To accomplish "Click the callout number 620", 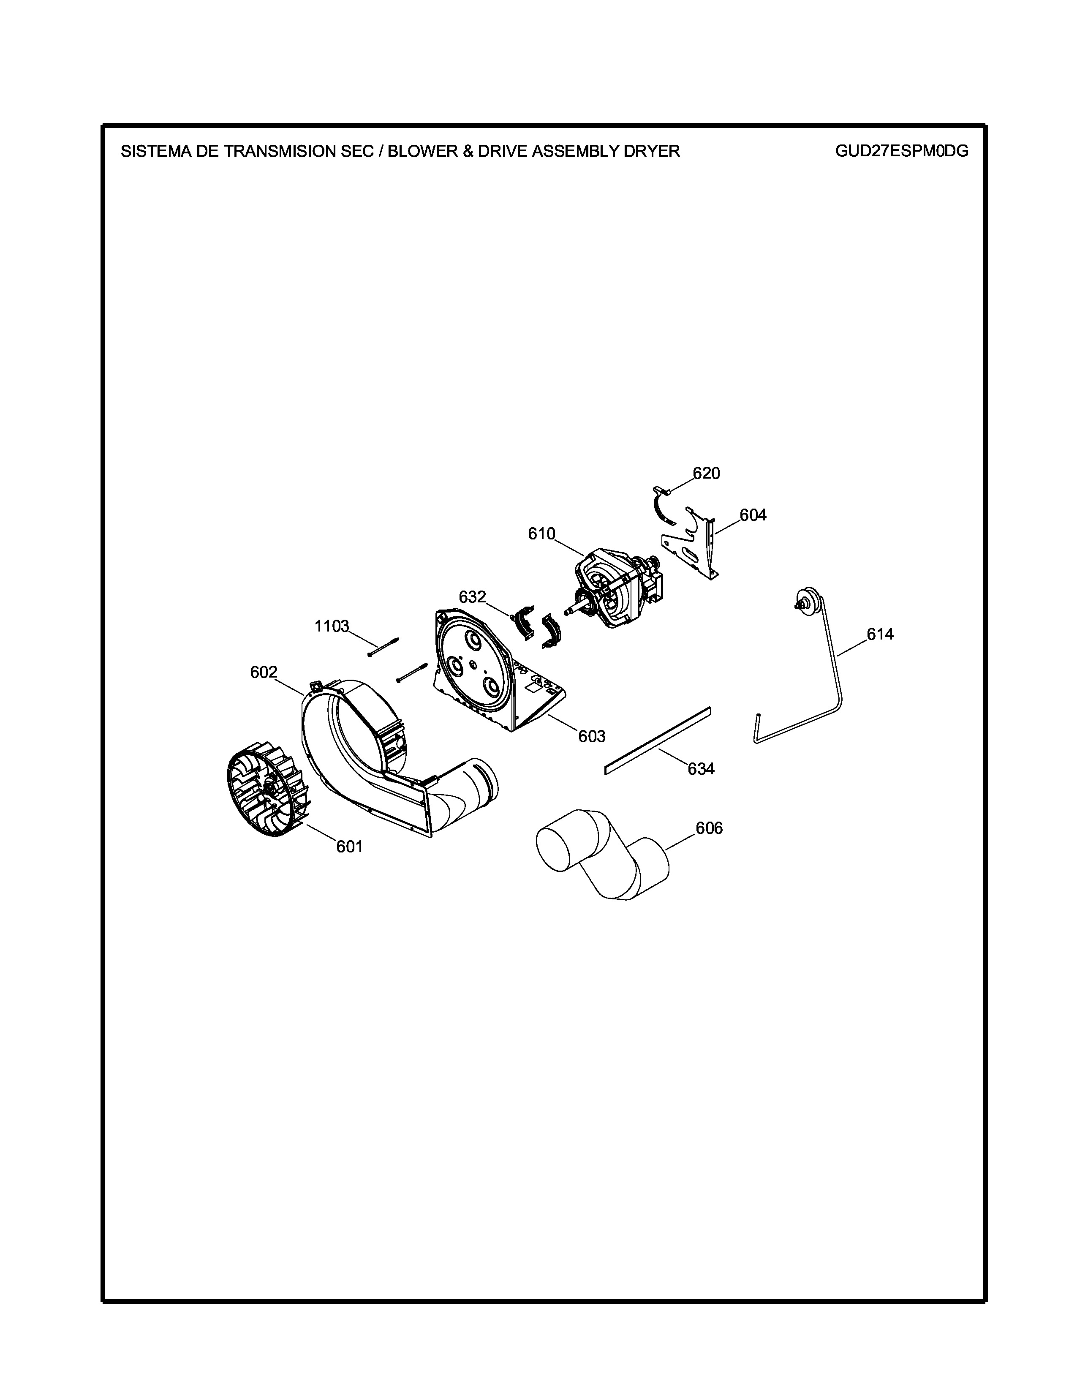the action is pos(706,474).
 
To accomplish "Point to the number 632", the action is pos(472,597).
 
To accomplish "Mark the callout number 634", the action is pos(701,769).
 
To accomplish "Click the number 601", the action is pos(350,847).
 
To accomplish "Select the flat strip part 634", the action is pos(657,741).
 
